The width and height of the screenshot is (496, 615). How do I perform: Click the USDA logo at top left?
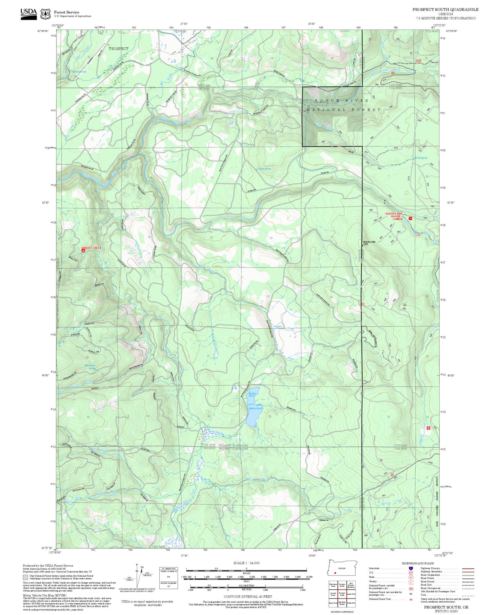coord(28,14)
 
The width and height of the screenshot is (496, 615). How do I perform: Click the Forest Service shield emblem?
coord(45,14)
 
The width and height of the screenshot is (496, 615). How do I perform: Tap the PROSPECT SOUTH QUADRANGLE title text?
coord(445,10)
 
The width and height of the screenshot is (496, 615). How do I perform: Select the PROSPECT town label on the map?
coord(119,49)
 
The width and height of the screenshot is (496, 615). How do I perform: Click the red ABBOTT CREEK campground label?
coord(92,248)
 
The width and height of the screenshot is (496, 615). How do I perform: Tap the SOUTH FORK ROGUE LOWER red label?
coord(393,216)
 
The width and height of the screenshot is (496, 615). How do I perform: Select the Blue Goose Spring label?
coord(90,367)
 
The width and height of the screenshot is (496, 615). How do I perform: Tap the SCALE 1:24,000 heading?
coord(246,563)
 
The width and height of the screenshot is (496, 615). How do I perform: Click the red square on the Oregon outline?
coord(335,573)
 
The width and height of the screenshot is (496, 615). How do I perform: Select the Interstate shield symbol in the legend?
coord(411,568)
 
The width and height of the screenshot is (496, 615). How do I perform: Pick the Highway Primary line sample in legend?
coord(468,568)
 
